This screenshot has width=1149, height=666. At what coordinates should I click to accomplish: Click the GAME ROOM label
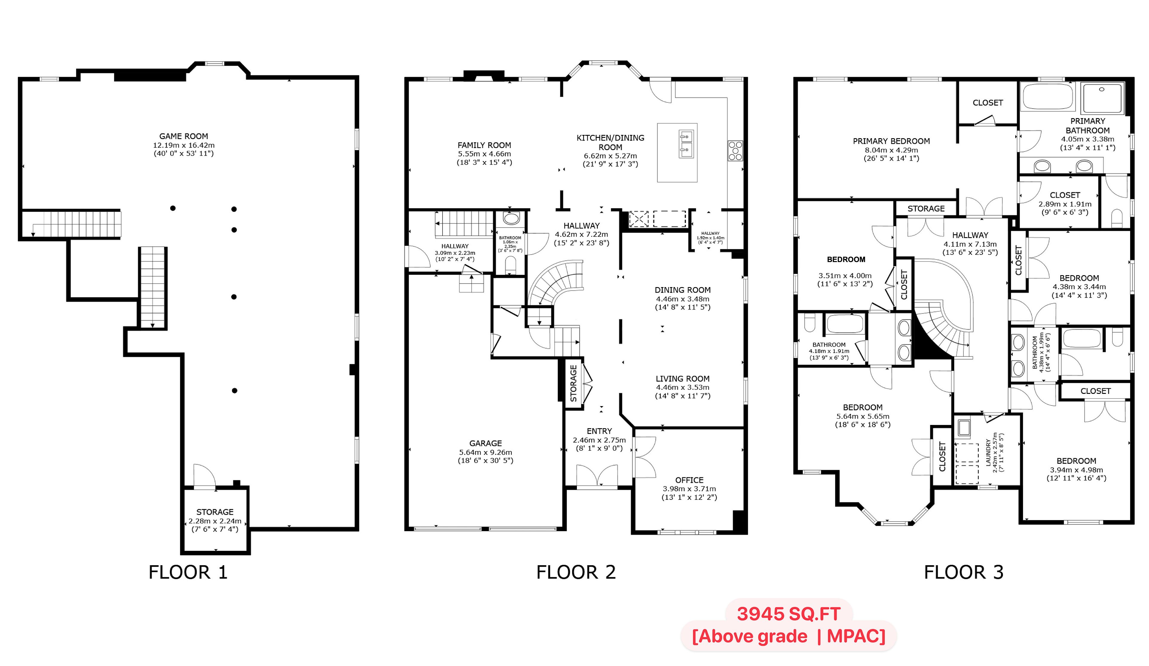[183, 136]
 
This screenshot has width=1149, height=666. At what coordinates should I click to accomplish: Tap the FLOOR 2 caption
[576, 572]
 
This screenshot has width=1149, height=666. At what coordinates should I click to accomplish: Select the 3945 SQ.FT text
[788, 614]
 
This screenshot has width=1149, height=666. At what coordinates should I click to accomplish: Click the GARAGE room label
[486, 443]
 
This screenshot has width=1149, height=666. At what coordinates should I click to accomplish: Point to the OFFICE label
[689, 480]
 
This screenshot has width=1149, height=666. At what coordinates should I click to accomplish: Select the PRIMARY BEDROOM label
[891, 141]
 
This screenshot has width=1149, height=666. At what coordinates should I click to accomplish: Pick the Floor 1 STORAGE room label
[215, 512]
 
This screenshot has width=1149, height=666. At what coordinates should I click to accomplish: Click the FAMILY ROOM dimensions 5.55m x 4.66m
[484, 154]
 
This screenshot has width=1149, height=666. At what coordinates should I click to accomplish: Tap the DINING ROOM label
[683, 290]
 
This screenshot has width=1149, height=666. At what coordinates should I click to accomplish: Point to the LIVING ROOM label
[683, 379]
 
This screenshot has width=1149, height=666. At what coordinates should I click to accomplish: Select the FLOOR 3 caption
[963, 572]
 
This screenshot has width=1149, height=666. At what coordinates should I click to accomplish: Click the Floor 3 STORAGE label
[926, 209]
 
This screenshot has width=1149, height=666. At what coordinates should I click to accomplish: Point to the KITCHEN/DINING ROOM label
[610, 143]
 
